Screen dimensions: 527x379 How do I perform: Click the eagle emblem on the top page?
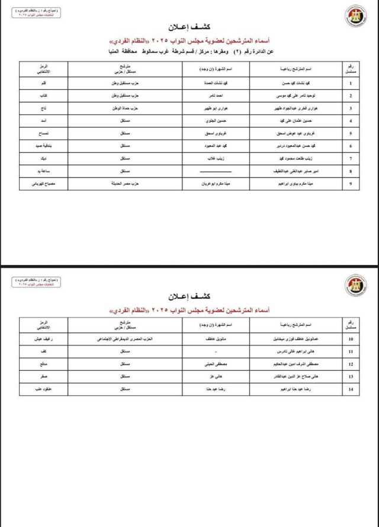coord(356,17)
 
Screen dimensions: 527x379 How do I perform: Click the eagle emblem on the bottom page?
coord(356,285)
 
